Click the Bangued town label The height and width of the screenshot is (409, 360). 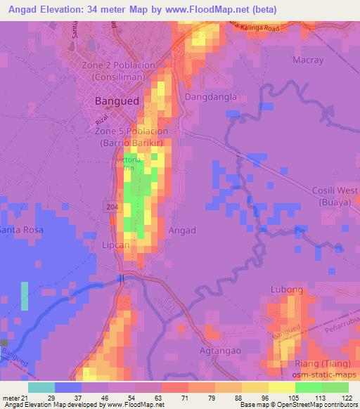[x=117, y=101]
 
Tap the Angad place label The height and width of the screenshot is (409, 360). [x=181, y=230]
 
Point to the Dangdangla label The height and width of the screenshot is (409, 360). [x=209, y=97]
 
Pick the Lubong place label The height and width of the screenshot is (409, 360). [x=286, y=290]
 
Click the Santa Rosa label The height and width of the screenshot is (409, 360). [x=21, y=230]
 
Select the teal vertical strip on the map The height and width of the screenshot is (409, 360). [x=25, y=300]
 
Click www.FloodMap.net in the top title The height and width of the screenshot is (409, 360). [x=211, y=9]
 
